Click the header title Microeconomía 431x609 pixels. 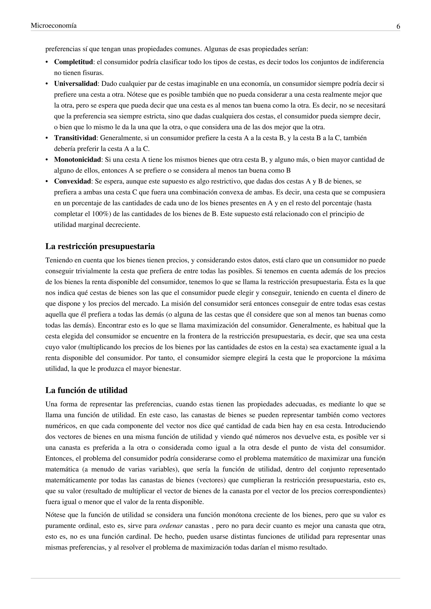point(54,25)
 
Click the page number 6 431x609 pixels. point(398,26)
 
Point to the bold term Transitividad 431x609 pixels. point(75,138)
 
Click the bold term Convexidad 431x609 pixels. point(72,181)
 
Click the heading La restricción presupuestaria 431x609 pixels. point(100,246)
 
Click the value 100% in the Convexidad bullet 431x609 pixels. point(100,214)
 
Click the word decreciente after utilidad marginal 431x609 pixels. point(123,225)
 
